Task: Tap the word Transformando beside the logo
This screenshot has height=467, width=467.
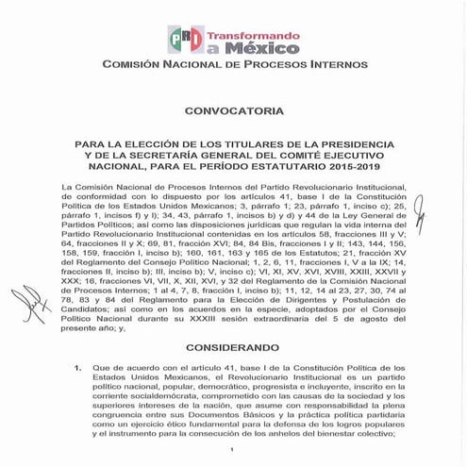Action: point(243,32)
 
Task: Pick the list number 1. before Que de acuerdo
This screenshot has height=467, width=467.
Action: point(76,365)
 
